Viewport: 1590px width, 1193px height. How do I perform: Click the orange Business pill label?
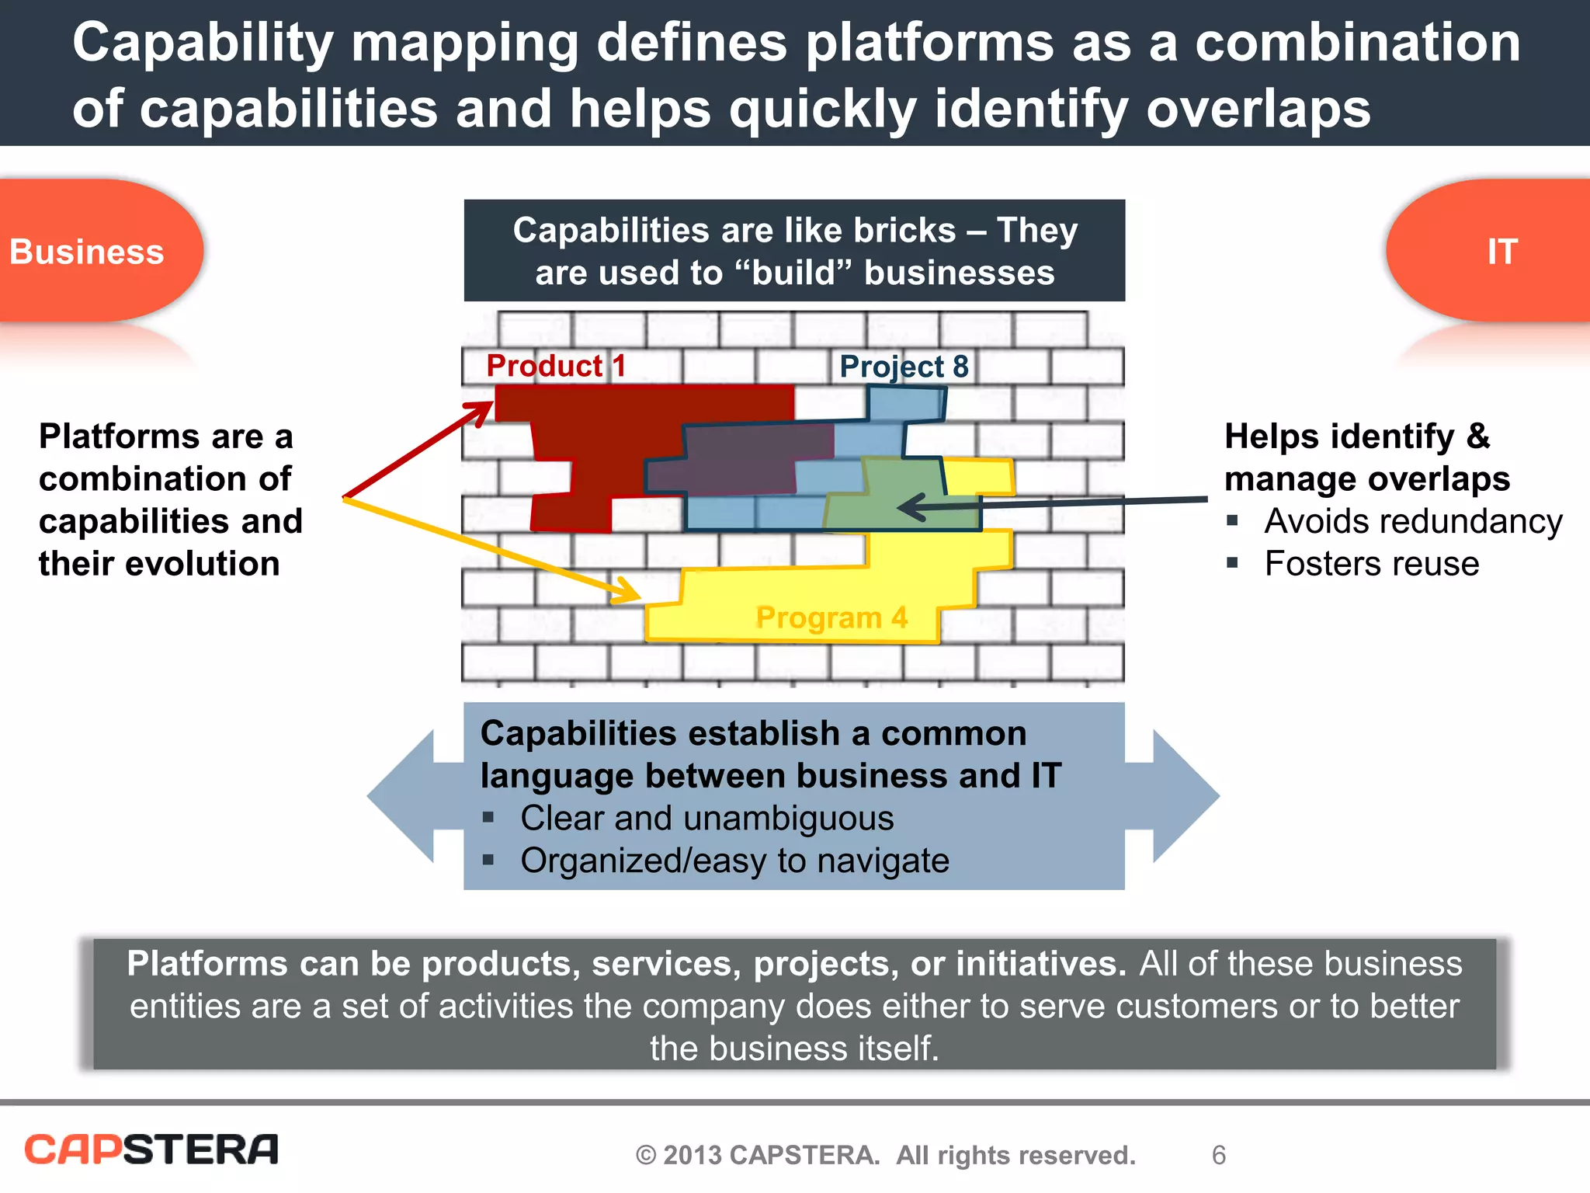coord(87,252)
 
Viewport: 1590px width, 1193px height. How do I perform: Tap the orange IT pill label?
coord(1501,252)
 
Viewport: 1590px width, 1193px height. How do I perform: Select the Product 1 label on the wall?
coord(555,366)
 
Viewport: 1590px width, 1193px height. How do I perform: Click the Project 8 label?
coord(904,367)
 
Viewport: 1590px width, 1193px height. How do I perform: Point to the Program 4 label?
coord(831,618)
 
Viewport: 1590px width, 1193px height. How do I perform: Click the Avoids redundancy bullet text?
coord(1412,521)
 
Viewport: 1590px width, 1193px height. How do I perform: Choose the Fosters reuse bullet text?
coord(1371,564)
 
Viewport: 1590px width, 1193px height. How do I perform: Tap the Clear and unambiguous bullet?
coord(706,819)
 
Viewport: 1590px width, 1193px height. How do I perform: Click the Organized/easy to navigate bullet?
coord(734,861)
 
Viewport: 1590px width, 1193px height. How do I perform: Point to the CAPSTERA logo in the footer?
coord(151,1150)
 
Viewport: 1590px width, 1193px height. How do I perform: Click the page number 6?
coord(1218,1156)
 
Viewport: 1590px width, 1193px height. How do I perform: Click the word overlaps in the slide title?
coord(1258,109)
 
